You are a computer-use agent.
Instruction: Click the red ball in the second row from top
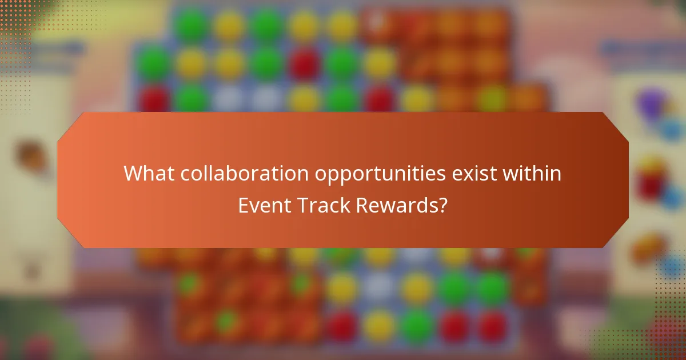(304, 63)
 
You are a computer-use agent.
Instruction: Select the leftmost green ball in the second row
(153, 63)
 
